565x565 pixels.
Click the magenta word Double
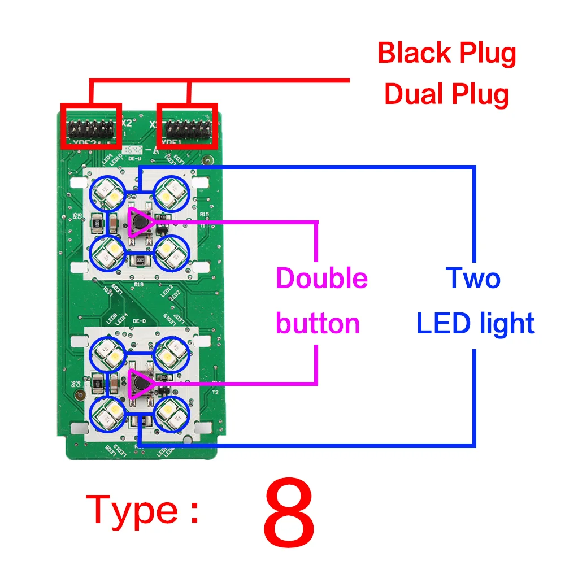click(321, 279)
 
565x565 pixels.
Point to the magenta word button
click(318, 324)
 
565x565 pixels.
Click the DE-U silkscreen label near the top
click(134, 160)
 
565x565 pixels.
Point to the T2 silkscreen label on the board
click(215, 392)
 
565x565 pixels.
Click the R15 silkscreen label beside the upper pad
click(204, 215)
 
